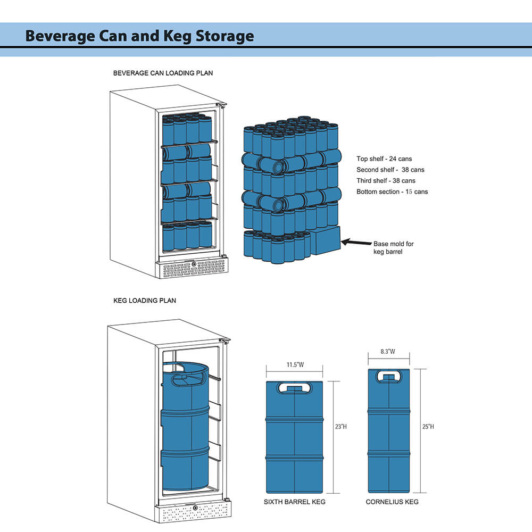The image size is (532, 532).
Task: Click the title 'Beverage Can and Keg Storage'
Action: [x=139, y=36]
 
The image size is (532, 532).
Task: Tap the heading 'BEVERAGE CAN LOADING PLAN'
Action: [x=163, y=73]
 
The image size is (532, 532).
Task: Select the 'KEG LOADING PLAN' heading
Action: [x=145, y=301]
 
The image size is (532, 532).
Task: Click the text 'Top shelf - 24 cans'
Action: [x=384, y=159]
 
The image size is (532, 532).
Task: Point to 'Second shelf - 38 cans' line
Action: [x=390, y=170]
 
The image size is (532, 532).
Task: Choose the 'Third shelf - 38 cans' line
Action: [x=386, y=181]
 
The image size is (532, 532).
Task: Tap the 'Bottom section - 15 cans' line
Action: [x=392, y=192]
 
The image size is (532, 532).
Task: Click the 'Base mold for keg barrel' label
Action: [x=393, y=247]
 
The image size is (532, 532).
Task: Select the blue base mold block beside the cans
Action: [x=325, y=241]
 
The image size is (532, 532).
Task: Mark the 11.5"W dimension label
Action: [x=294, y=365]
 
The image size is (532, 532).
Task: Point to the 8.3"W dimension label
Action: [x=388, y=352]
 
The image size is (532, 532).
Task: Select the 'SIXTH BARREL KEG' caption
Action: [x=294, y=502]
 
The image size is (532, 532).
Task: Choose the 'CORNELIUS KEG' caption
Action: [x=392, y=502]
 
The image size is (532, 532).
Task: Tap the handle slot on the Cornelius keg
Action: [x=389, y=376]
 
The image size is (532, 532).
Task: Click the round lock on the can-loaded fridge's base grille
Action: [x=194, y=264]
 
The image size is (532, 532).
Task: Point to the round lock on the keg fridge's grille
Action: [x=195, y=508]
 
